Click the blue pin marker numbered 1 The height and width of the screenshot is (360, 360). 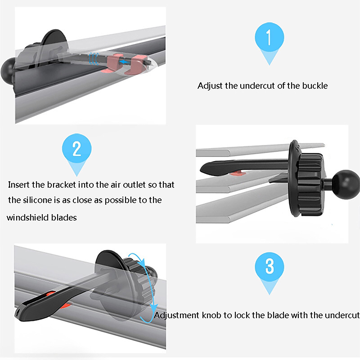point(269,41)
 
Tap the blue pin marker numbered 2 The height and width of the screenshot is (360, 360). point(76,153)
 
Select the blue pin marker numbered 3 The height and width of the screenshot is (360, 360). point(269,271)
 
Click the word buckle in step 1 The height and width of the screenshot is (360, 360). point(315,85)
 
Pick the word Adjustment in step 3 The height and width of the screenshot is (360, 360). point(177,315)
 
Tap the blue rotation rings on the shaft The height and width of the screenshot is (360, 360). point(94,58)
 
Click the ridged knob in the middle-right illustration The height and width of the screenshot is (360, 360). point(310,184)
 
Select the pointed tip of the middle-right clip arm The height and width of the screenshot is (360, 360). point(201,170)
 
